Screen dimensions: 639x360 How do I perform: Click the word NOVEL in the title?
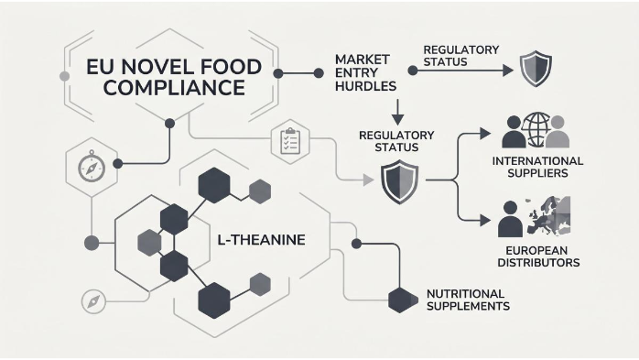pyautogui.click(x=161, y=68)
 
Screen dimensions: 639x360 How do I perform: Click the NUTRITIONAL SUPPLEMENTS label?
pyautogui.click(x=468, y=300)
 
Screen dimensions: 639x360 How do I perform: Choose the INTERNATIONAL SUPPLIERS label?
pyautogui.click(x=537, y=168)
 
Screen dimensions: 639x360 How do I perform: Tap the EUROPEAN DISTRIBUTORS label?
pyautogui.click(x=537, y=256)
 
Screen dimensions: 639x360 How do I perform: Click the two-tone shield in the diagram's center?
pyautogui.click(x=401, y=180)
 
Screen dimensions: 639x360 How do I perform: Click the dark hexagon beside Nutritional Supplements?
pyautogui.click(x=400, y=300)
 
